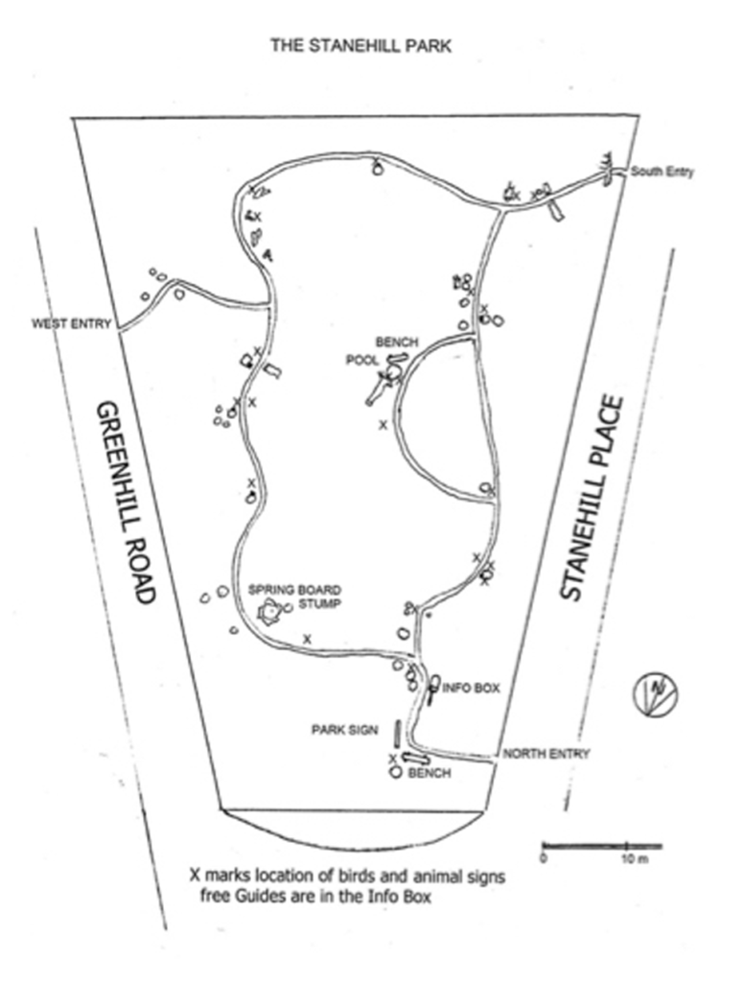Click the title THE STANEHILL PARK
click(360, 44)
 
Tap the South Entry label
click(663, 173)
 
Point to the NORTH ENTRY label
click(546, 754)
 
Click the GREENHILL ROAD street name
click(125, 503)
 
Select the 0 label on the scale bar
click(544, 859)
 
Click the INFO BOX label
click(471, 689)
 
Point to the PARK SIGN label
click(345, 730)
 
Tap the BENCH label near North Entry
click(430, 773)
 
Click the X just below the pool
click(383, 425)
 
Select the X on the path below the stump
click(307, 639)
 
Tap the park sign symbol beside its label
click(395, 733)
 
